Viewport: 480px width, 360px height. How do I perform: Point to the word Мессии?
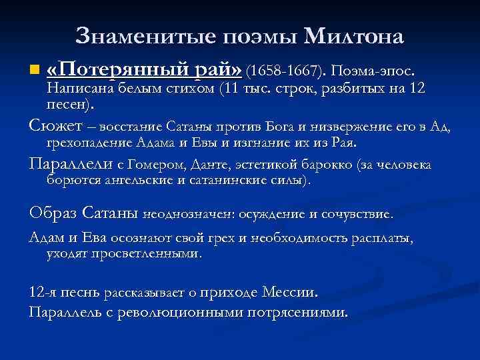tap(291, 292)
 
